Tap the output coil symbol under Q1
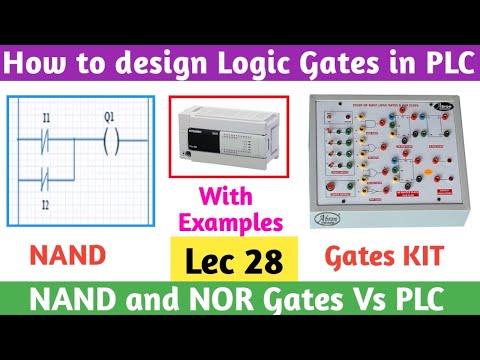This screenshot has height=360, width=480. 110,140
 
